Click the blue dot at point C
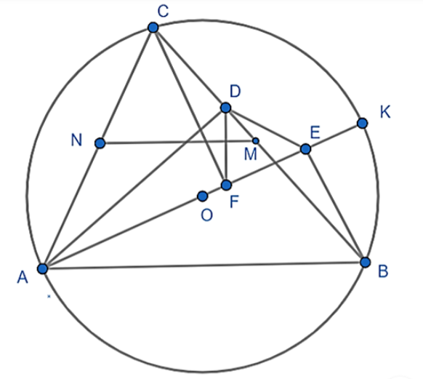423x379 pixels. (x=153, y=28)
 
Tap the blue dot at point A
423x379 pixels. (x=42, y=269)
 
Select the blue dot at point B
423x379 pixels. (x=366, y=262)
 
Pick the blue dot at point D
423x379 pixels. (x=226, y=108)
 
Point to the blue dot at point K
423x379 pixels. (x=362, y=123)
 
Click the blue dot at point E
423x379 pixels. (x=305, y=148)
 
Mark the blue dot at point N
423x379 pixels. (x=100, y=143)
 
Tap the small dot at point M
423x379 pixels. (x=256, y=140)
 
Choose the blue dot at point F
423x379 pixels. (x=226, y=185)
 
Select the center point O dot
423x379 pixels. (x=203, y=196)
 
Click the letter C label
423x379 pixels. (x=164, y=12)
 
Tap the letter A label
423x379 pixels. (x=23, y=277)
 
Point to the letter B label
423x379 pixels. (x=383, y=271)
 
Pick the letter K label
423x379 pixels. (x=385, y=112)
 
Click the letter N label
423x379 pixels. (x=76, y=140)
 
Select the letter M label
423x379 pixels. (x=250, y=155)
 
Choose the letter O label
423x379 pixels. (x=207, y=215)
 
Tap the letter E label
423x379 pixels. (x=315, y=132)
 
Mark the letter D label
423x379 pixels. (x=235, y=91)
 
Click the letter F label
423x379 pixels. (x=234, y=202)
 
